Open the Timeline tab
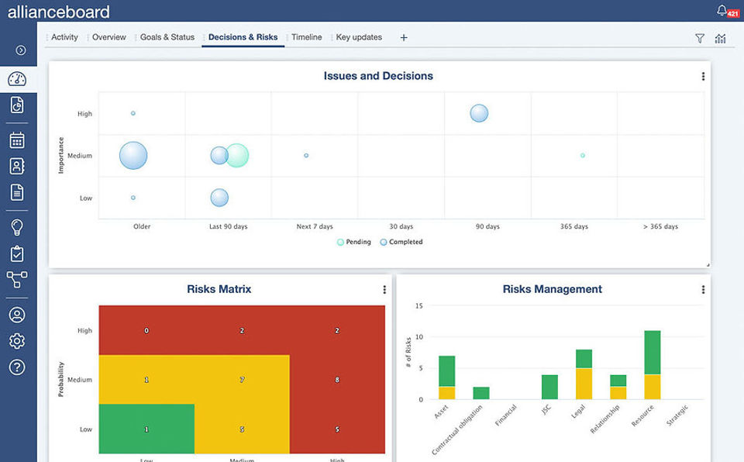pos(306,37)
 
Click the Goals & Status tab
pos(167,37)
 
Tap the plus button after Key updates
pos(404,37)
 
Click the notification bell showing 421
pos(723,11)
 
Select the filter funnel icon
pos(700,38)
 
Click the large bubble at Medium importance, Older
pos(133,156)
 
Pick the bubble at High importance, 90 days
pos(479,113)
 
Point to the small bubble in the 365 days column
pos(583,155)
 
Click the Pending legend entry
pos(354,242)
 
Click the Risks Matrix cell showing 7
pos(242,380)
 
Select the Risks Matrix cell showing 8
pos(337,380)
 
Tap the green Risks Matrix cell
pos(146,429)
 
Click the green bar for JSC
pos(549,387)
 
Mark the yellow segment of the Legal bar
pos(584,384)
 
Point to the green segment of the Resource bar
pos(653,353)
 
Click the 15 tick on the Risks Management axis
pos(418,305)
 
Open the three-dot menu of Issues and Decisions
pos(703,77)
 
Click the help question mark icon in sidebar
pos(17,367)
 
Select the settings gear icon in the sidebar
pos(17,341)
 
